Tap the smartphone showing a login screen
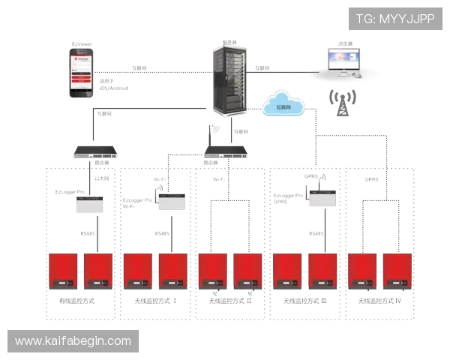[81, 73]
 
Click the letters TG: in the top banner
[365, 18]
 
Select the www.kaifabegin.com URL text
[73, 341]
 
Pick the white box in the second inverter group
[171, 201]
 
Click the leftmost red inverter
[63, 271]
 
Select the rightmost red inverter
[397, 271]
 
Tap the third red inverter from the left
[137, 271]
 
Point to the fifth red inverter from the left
[213, 271]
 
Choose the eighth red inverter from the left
[323, 271]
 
